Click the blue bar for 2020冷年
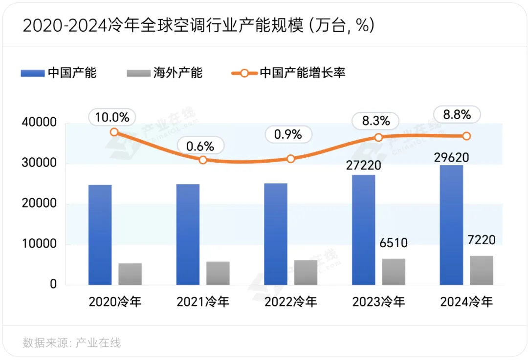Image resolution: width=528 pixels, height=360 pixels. [x=100, y=234]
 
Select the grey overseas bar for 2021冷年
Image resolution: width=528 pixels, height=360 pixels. [x=218, y=273]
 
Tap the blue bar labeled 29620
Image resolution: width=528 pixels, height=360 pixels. [x=451, y=225]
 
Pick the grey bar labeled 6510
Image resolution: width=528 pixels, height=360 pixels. [x=394, y=272]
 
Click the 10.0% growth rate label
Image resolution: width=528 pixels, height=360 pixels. [x=112, y=117]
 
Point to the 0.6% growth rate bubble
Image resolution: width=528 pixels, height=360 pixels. [x=200, y=146]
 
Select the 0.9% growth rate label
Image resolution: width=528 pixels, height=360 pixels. [x=288, y=134]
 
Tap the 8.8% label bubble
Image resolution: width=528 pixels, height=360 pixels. [x=457, y=115]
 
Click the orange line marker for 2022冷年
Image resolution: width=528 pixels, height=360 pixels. [x=291, y=159]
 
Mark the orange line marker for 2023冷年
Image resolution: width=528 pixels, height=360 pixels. [x=378, y=137]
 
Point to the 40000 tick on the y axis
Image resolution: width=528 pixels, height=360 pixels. [x=40, y=123]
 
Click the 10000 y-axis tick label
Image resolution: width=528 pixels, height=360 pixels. [x=40, y=244]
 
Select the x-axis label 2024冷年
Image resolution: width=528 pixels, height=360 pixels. [x=466, y=302]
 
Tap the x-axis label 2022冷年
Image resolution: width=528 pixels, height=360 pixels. [x=291, y=302]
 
